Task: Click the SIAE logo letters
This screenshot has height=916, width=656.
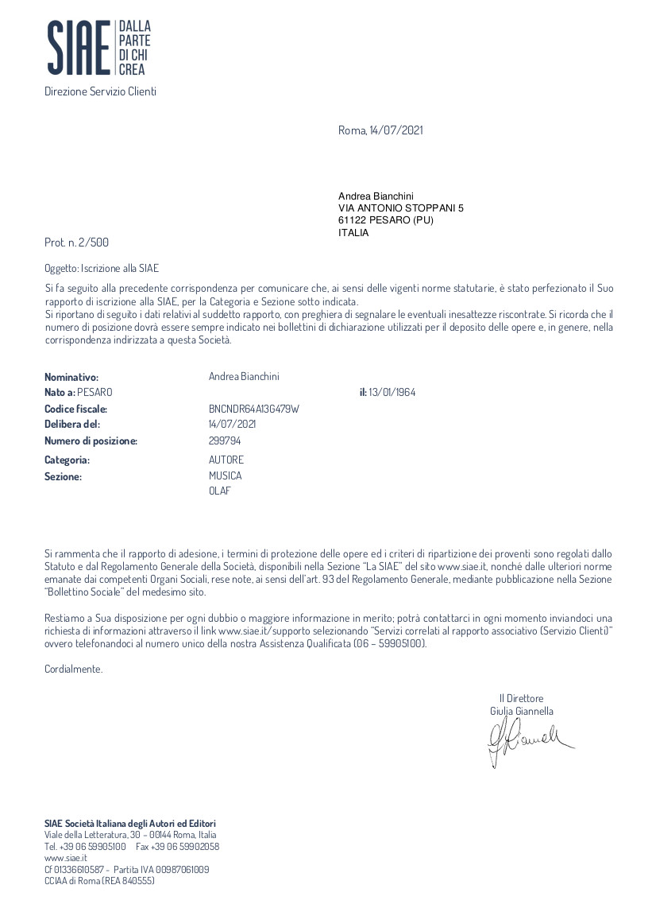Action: (x=78, y=49)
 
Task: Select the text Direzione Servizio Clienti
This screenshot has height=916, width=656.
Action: (x=100, y=91)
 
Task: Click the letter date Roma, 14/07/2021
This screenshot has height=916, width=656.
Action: (x=380, y=130)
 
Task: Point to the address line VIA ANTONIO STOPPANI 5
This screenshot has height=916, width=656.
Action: (x=400, y=208)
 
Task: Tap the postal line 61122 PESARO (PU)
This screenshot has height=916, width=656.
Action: (x=385, y=220)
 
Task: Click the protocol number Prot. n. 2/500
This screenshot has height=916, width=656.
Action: (x=76, y=242)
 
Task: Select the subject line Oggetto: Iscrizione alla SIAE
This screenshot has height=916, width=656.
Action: (x=102, y=269)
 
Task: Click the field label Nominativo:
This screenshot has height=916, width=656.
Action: (x=71, y=377)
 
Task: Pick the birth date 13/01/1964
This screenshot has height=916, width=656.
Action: (x=392, y=393)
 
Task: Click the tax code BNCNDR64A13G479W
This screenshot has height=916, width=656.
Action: (x=253, y=409)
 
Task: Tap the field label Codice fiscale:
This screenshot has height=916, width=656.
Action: (x=75, y=409)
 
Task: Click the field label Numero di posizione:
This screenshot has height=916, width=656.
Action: (x=91, y=441)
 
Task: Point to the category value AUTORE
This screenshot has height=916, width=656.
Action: (x=226, y=460)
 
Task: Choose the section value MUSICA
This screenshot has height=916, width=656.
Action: (x=226, y=475)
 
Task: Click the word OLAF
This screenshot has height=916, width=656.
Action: (x=220, y=491)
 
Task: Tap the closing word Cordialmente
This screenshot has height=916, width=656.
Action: (x=74, y=670)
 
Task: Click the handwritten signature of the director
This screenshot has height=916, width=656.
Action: (x=527, y=739)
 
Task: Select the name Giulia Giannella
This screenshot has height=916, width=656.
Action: (x=522, y=711)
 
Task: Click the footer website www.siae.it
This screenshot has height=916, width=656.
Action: (x=66, y=858)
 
